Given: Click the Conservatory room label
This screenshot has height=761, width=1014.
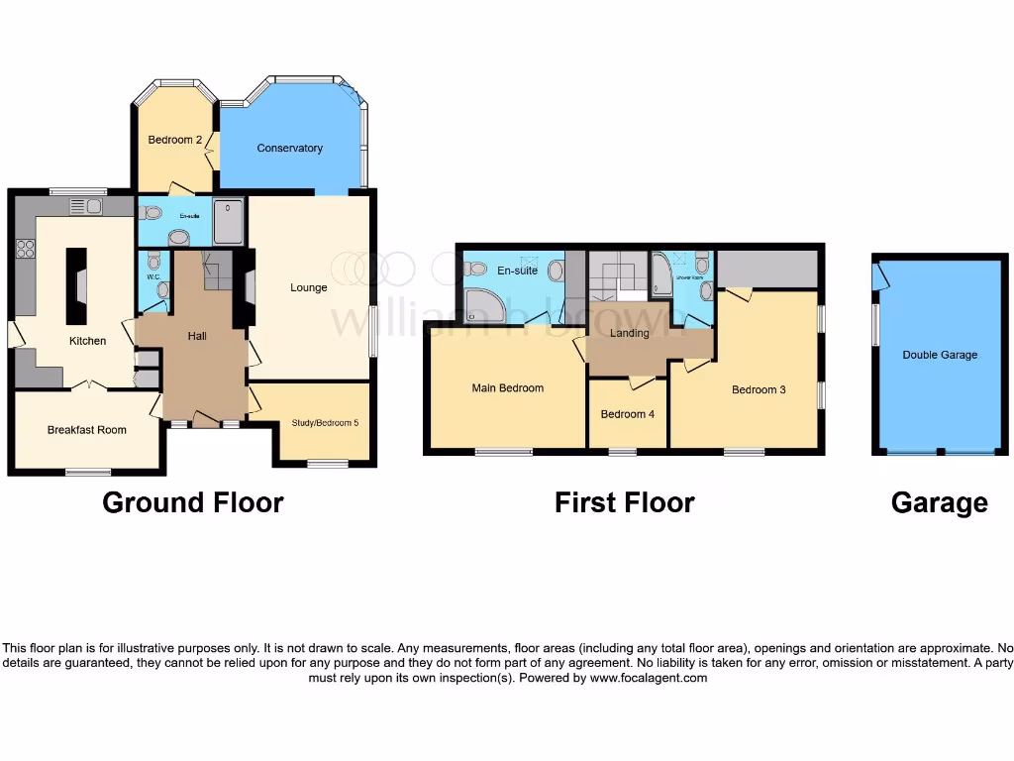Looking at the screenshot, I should (289, 149).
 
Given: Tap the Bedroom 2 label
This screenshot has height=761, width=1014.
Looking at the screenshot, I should (174, 141).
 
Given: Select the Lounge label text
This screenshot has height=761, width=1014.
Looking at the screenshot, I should (308, 288).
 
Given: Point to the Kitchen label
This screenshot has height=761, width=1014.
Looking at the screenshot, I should (87, 341).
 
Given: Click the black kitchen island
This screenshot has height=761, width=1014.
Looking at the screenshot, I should (76, 285).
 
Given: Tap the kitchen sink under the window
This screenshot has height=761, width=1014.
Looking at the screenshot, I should (85, 206).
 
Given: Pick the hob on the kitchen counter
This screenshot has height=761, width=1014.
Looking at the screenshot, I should (25, 249).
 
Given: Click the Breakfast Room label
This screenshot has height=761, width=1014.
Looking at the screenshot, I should (87, 430).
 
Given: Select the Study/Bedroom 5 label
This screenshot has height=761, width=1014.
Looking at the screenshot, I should (325, 423).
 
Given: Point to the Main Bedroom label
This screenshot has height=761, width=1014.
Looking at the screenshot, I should (507, 388).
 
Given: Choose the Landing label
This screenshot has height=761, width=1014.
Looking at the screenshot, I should (629, 333).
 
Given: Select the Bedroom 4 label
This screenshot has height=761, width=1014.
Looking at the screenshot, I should (628, 414).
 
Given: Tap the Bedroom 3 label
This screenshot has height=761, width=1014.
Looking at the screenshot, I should (759, 389).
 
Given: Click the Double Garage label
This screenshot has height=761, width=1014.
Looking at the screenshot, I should (939, 355).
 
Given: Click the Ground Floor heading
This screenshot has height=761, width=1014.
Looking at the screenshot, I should (193, 503).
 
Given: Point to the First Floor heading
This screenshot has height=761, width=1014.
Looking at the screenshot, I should (624, 503).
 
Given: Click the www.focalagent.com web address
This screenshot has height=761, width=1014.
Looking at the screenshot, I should (649, 679).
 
